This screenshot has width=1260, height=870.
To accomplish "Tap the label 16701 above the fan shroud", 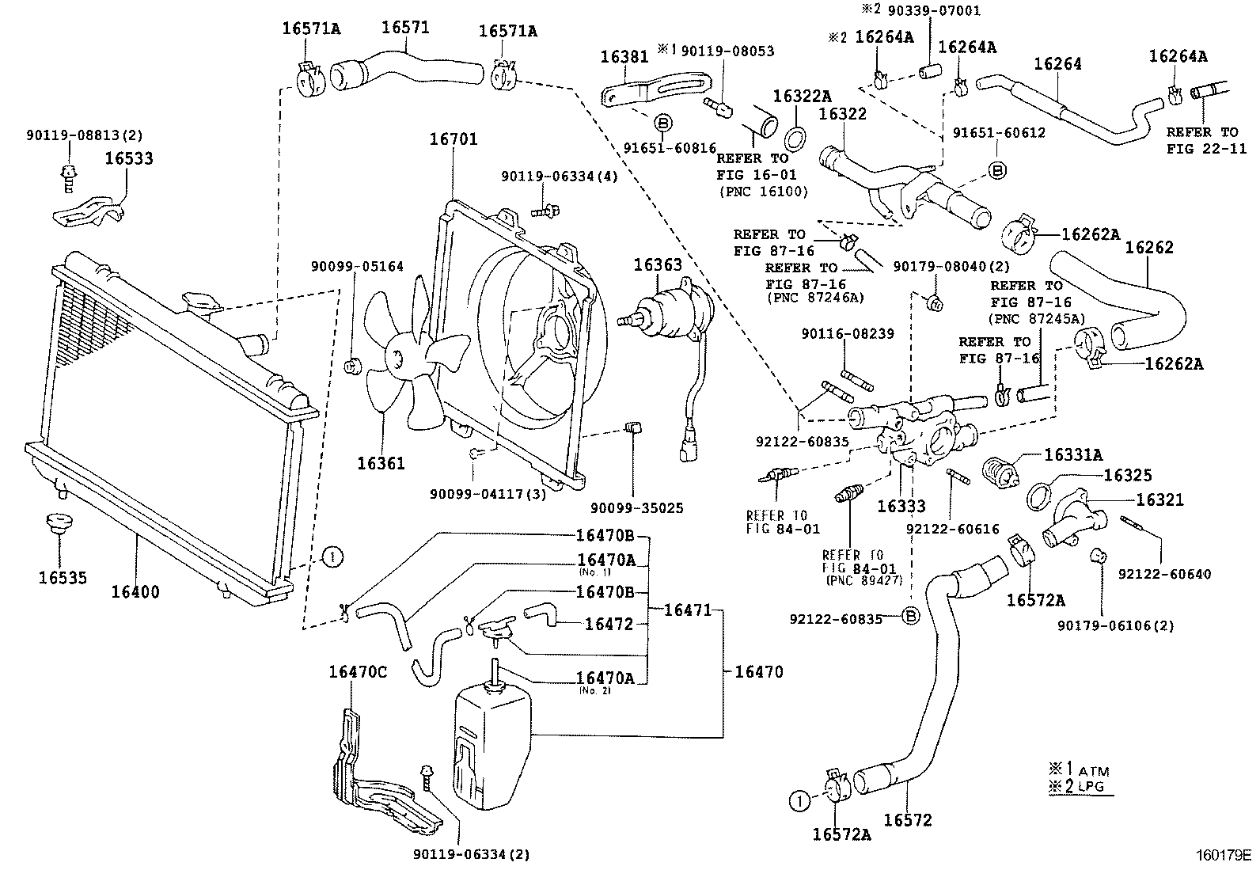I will click(454, 139).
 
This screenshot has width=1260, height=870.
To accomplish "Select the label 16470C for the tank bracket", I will click(358, 672).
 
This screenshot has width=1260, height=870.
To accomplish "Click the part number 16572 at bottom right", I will click(908, 820).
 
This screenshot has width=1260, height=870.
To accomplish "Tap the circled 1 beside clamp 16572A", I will click(800, 801).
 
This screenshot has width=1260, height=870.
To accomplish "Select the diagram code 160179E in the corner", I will click(1223, 855).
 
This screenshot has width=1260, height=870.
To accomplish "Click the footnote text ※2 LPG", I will click(1077, 786).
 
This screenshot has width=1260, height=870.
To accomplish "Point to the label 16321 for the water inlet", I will click(1159, 500).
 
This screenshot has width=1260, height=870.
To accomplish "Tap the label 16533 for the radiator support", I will click(129, 158).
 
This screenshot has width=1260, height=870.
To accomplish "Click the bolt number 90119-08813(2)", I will click(83, 135).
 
